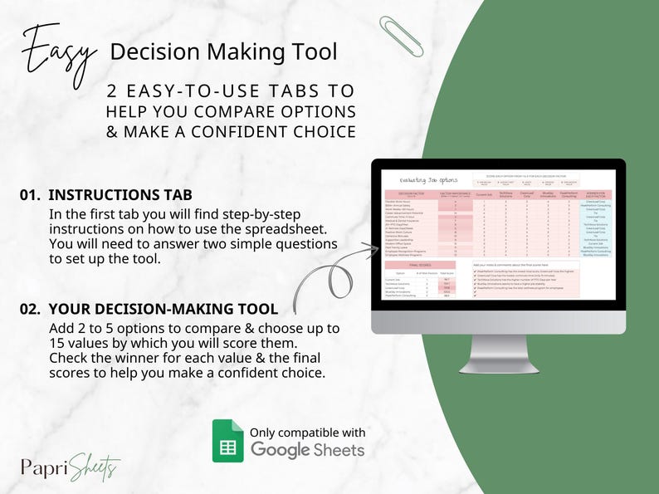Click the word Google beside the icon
point(281,450)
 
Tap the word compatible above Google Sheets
point(302,433)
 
